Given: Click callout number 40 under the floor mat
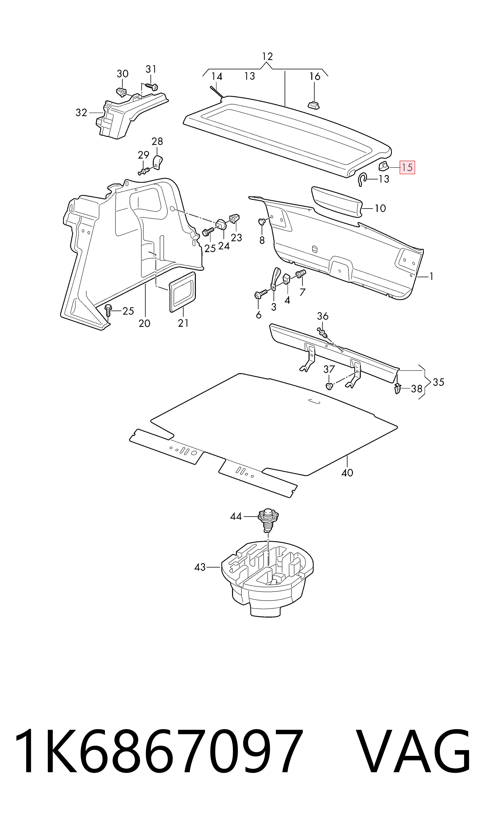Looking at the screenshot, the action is click(347, 472).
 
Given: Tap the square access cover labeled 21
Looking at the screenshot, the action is click(183, 292).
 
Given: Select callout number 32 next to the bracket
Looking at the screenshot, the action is click(81, 113).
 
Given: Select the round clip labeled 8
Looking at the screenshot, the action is click(262, 222).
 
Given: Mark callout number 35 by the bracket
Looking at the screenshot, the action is click(438, 382).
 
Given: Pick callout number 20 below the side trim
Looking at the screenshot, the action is click(144, 323).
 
